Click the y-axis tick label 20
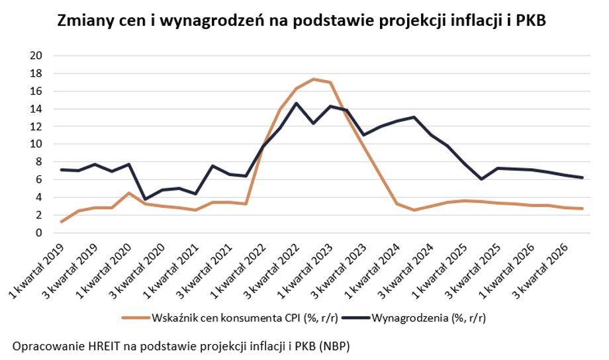tap(38, 56)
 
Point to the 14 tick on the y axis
tap(38, 109)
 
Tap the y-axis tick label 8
tap(41, 161)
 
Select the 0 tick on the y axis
tap(41, 232)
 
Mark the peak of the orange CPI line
tap(313, 79)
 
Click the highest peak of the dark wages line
tap(296, 103)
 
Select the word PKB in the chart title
tap(534, 21)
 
